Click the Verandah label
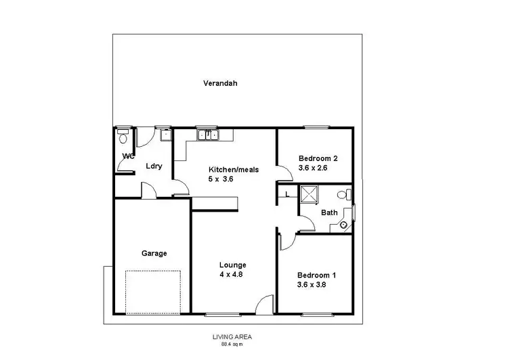pyautogui.click(x=220, y=84)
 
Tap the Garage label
pyautogui.click(x=154, y=253)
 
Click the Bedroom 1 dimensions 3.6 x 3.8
pyautogui.click(x=316, y=286)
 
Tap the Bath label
pyautogui.click(x=329, y=212)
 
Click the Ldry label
pyautogui.click(x=152, y=166)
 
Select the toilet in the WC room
pyautogui.click(x=121, y=138)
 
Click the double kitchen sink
pyautogui.click(x=207, y=135)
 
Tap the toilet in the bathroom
pyautogui.click(x=346, y=195)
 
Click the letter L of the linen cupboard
pyautogui.click(x=287, y=195)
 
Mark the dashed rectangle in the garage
pyautogui.click(x=154, y=291)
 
